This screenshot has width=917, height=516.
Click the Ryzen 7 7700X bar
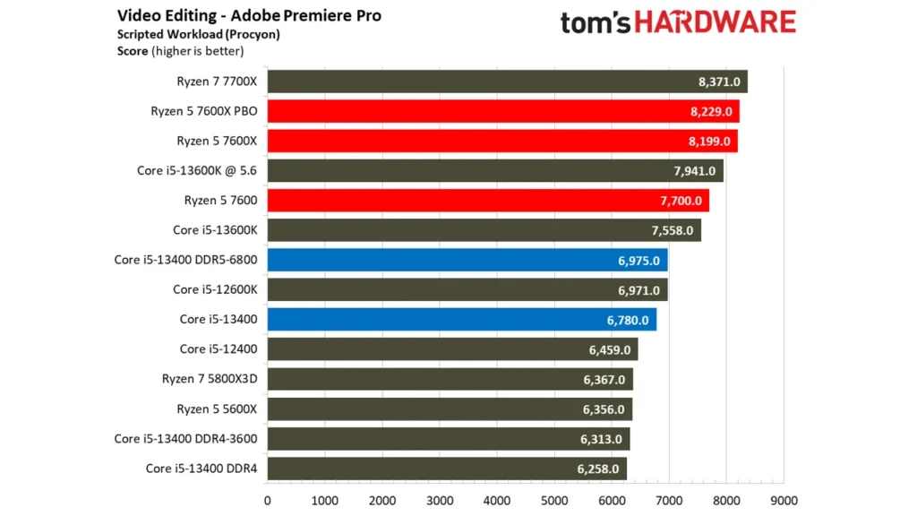pos(507,82)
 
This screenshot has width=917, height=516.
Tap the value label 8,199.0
pos(713,142)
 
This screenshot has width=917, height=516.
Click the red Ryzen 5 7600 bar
pos(488,201)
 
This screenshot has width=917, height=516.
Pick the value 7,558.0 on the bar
pos(673,230)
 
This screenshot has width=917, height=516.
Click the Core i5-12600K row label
pos(215,289)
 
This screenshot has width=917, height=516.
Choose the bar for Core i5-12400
pos(452,348)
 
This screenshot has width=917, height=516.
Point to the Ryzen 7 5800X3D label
pos(210,379)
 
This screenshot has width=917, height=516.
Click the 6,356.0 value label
pos(607,408)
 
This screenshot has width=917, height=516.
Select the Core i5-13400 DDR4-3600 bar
pos(448,439)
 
